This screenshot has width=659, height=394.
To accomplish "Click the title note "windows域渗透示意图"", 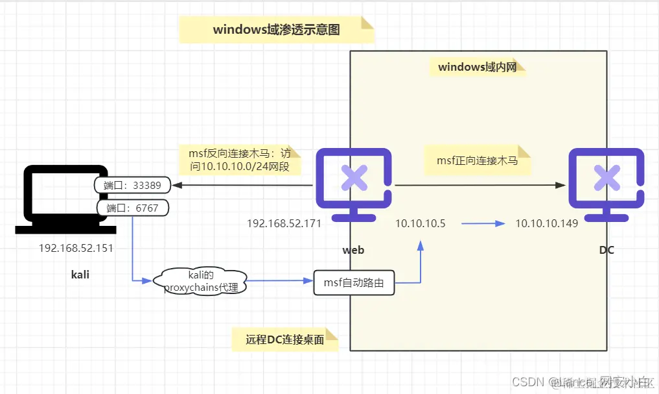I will (x=277, y=30).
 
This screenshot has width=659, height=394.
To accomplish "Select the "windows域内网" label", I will (x=478, y=67).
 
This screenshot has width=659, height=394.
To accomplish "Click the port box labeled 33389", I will (x=133, y=185).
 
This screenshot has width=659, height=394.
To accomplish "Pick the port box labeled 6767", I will (x=132, y=208).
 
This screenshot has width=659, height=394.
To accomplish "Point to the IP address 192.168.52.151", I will (x=76, y=248).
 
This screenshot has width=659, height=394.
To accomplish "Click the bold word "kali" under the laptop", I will (x=80, y=275).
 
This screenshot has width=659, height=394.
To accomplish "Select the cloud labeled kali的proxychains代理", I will (x=200, y=280).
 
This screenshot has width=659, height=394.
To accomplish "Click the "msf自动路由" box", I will (x=354, y=283).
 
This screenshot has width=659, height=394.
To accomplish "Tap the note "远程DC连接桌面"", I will (x=285, y=339).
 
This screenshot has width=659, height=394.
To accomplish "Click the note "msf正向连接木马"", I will (x=477, y=160).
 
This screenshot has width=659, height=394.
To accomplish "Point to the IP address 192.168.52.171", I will (x=284, y=223).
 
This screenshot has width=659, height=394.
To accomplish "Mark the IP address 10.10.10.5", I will (x=421, y=223).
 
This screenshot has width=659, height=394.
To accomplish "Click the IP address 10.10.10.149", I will (x=546, y=223).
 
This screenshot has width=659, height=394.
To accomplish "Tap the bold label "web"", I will (x=353, y=250).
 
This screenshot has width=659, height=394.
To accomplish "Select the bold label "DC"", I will (x=606, y=250).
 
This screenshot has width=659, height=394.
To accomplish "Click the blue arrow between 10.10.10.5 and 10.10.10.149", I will (x=483, y=223).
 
